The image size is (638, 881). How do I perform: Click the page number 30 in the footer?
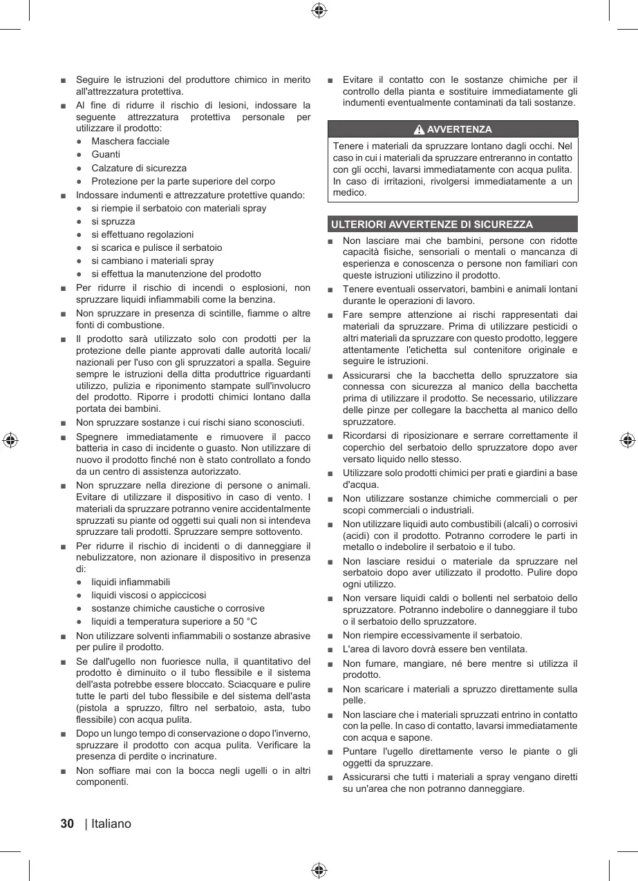click(67, 824)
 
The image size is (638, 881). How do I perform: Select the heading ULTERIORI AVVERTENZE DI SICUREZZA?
click(432, 225)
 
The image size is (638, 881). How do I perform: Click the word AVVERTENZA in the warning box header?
click(460, 130)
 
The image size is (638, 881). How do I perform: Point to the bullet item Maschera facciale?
click(130, 141)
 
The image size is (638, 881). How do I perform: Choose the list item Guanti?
click(106, 154)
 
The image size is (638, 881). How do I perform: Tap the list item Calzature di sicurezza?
click(139, 168)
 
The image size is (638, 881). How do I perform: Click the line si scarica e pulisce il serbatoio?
click(157, 247)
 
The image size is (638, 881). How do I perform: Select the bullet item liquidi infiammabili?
click(131, 582)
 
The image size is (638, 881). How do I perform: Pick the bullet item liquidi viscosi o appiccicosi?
click(149, 595)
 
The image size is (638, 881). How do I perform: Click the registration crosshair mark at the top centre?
click(319, 10)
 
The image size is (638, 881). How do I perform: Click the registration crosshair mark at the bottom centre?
click(319, 870)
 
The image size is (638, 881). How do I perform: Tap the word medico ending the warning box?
click(348, 192)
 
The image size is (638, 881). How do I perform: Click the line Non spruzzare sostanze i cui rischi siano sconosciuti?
click(190, 422)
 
